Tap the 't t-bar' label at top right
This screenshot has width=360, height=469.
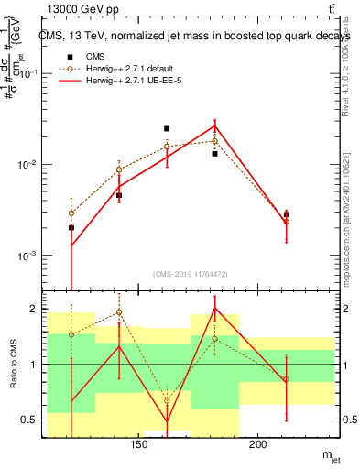click(x=330, y=10)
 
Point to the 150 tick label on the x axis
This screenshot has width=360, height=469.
click(x=139, y=446)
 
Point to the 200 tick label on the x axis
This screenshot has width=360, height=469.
click(x=258, y=446)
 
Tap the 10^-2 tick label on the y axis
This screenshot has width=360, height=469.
click(x=28, y=165)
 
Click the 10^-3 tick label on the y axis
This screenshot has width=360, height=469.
click(x=28, y=256)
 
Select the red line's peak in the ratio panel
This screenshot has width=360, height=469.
click(x=214, y=308)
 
